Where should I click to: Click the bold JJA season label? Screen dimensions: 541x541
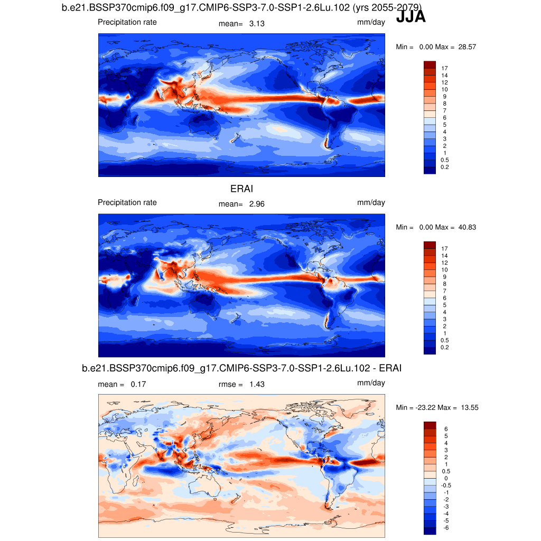point(411,17)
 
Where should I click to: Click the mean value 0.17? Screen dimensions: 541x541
point(138,384)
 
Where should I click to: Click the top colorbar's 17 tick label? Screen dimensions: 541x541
point(445,68)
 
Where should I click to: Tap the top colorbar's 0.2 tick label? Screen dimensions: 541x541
point(445,167)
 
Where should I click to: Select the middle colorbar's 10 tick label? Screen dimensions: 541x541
point(445,270)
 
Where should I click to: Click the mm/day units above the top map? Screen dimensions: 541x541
point(371,22)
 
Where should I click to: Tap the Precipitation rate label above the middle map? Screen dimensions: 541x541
point(127,202)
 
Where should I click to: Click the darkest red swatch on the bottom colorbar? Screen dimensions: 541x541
point(430,425)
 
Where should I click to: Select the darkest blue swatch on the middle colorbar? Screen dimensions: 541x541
point(430,350)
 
